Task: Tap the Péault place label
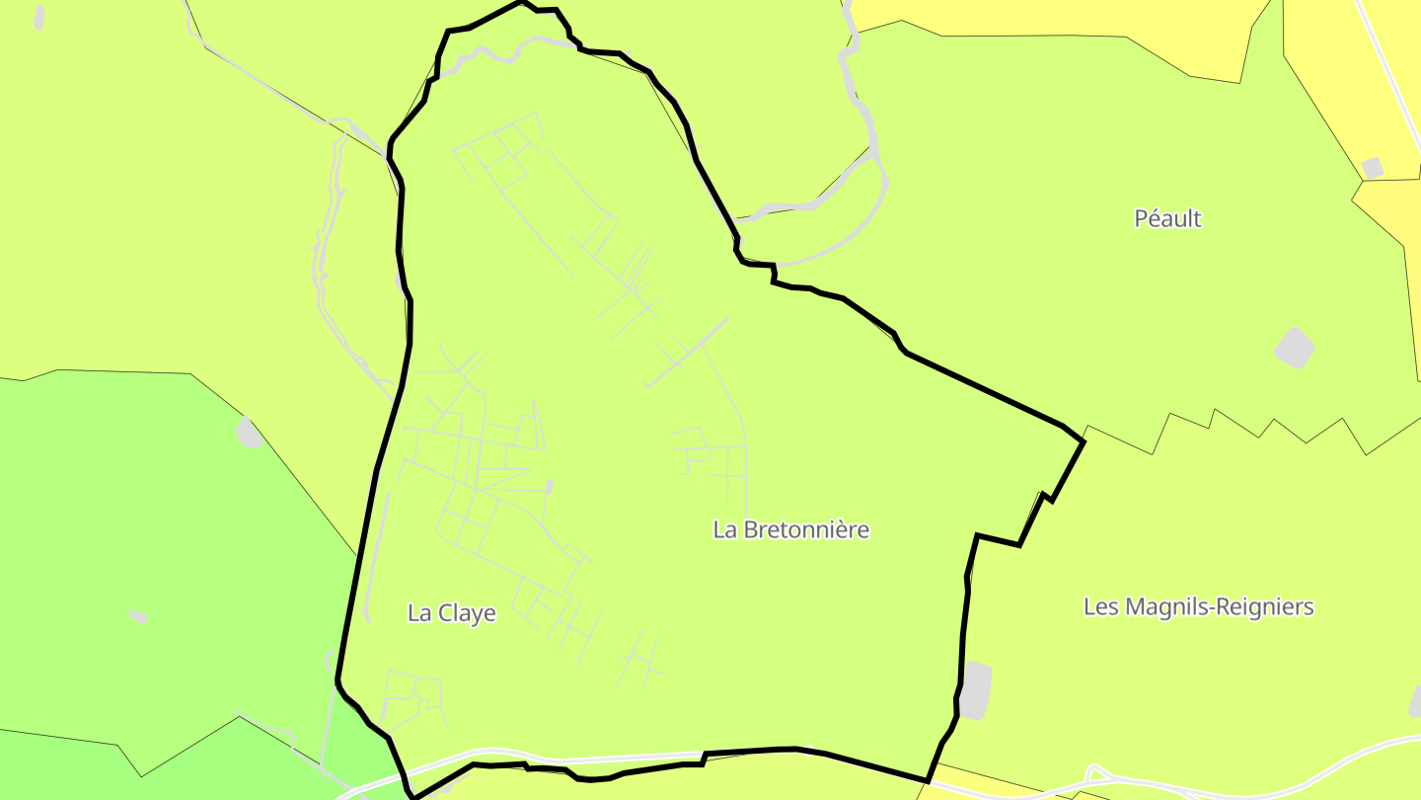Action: click(x=1167, y=218)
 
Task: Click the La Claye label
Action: click(x=451, y=613)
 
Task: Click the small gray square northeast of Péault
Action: click(x=1372, y=168)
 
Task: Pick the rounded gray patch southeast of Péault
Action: click(x=1294, y=348)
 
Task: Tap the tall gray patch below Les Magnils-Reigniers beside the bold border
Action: click(x=975, y=690)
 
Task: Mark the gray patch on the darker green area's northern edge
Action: click(x=249, y=433)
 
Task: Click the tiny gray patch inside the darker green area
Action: click(x=137, y=616)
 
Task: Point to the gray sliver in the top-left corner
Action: click(x=39, y=17)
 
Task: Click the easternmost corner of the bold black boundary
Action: click(x=1084, y=441)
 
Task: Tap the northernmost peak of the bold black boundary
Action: click(x=522, y=3)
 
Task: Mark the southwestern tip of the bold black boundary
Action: click(x=415, y=795)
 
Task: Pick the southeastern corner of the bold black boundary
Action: click(x=928, y=780)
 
